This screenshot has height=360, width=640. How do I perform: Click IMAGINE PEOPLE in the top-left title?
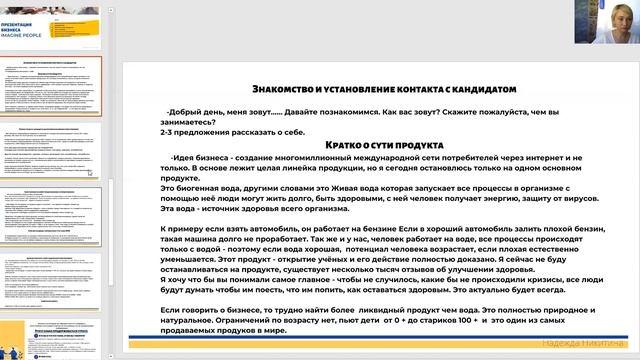tap(30, 34)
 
